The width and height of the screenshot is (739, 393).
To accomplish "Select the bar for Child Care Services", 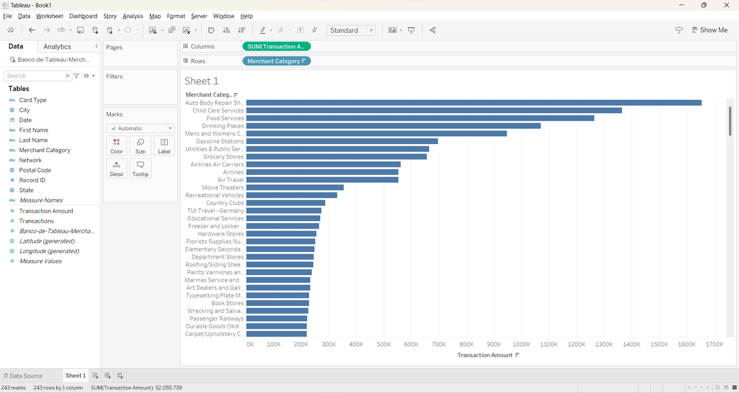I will point(434,110).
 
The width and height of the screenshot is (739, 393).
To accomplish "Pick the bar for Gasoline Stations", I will point(342,141).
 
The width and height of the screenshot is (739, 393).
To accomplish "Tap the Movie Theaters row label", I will point(222,187).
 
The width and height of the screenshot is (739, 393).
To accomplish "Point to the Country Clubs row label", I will point(225,203).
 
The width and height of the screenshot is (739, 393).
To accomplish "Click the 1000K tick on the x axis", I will point(521,344).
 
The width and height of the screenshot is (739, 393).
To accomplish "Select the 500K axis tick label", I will point(384,344).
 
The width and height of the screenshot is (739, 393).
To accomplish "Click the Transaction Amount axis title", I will point(485,355).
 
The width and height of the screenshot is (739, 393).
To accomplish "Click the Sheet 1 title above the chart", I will point(201,81).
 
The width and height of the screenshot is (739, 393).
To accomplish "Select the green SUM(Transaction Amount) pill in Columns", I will point(277,46).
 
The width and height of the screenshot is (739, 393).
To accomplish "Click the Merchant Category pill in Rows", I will point(277,61).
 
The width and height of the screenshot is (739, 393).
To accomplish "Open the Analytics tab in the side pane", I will point(57,47).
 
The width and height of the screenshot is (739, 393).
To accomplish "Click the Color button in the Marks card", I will point(116,146).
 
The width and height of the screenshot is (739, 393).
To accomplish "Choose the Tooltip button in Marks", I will point(140,169).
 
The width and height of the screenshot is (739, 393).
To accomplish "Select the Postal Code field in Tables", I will point(34,170).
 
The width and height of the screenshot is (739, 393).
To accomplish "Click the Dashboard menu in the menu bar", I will point(83,16).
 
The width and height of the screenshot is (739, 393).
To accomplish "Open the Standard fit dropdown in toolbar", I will point(351,30).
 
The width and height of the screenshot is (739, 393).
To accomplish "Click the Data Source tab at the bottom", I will point(25,376).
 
